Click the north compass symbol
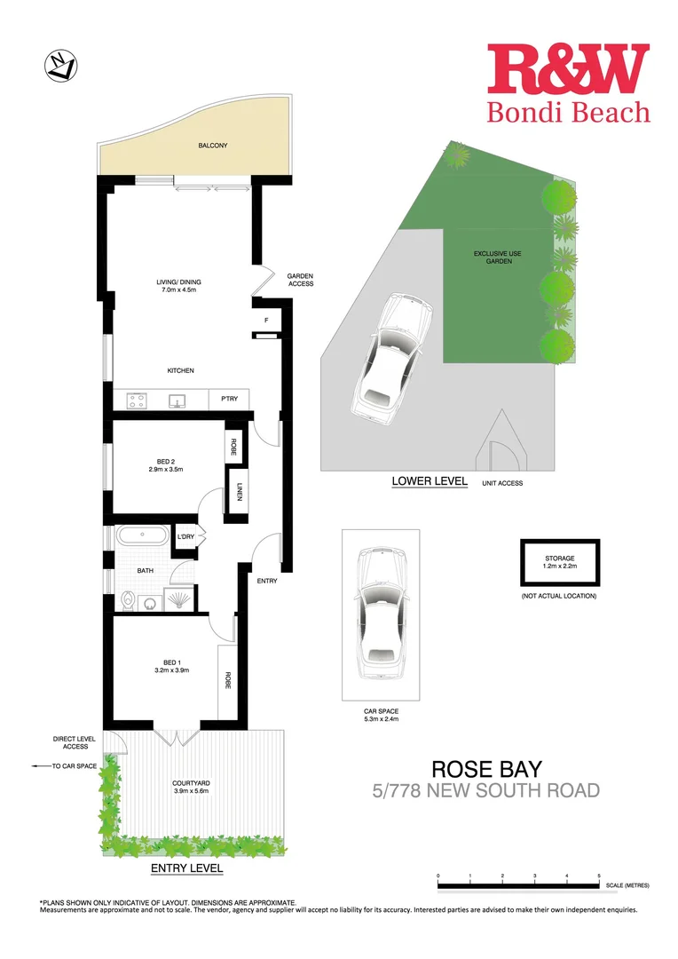point(60,66)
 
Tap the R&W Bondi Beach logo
point(568,83)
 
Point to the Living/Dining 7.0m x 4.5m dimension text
point(177,290)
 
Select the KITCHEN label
point(180,370)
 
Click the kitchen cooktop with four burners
point(137,400)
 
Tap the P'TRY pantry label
point(228,401)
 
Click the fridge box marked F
point(266,320)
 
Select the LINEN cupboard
point(239,490)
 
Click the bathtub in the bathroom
point(143,537)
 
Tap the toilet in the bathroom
point(130,601)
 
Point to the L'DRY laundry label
point(185,536)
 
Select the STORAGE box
point(560,562)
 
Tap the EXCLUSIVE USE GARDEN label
point(497,258)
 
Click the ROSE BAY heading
point(486,767)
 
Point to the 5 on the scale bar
point(599,876)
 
